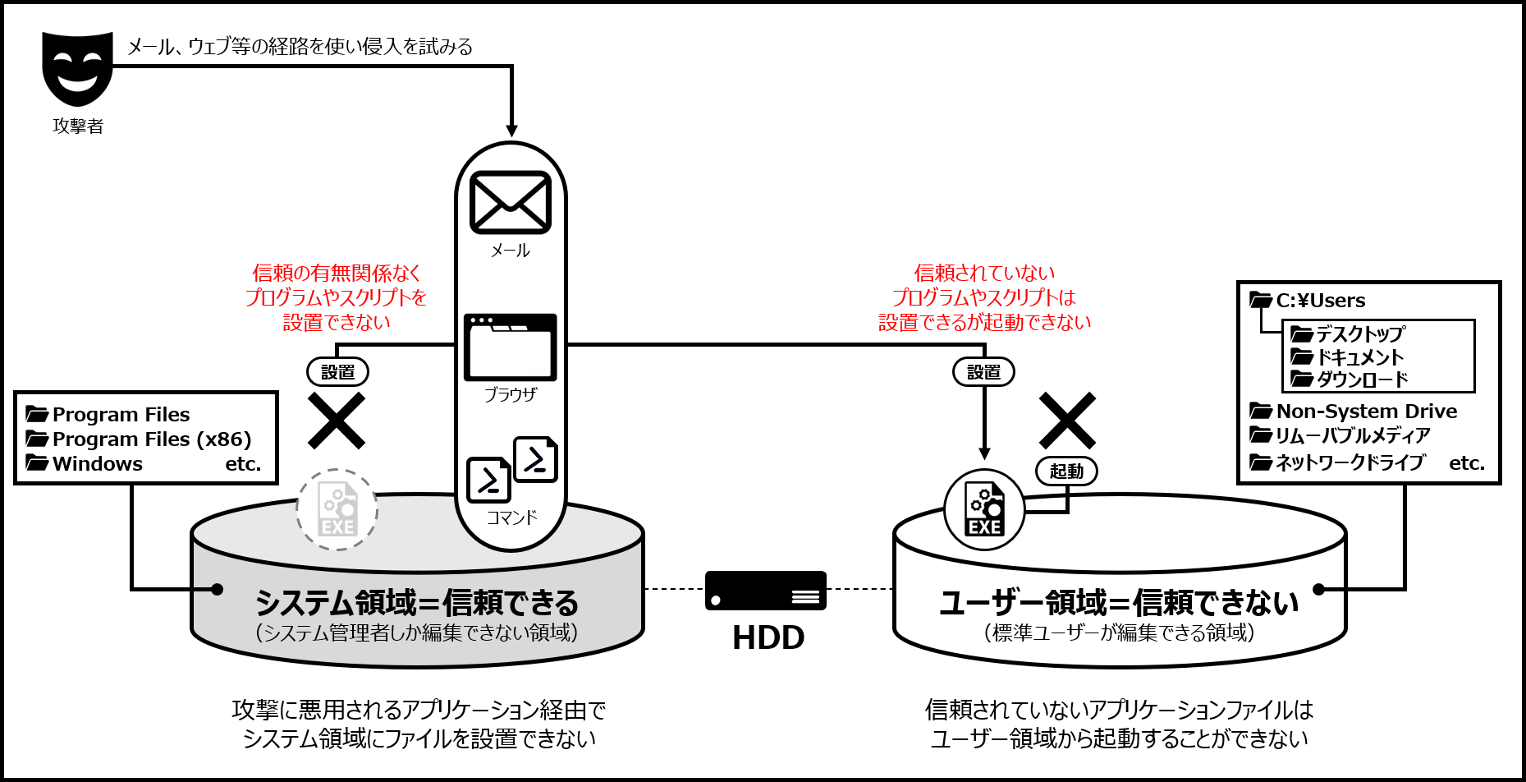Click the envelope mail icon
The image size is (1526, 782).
point(510,202)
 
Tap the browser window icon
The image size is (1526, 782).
point(510,347)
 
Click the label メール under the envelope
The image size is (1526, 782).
point(510,251)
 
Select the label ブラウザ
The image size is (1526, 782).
point(510,394)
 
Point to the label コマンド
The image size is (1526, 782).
point(511,517)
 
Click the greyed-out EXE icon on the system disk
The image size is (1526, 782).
point(337,510)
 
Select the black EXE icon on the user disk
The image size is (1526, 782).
point(984,510)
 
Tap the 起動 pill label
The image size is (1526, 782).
point(1066,471)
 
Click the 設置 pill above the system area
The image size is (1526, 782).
point(337,372)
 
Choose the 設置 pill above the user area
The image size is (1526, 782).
point(983,372)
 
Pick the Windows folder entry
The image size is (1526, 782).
point(97,464)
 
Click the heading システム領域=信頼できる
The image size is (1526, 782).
point(417,603)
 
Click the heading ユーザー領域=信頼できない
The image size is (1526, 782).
point(1119,603)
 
